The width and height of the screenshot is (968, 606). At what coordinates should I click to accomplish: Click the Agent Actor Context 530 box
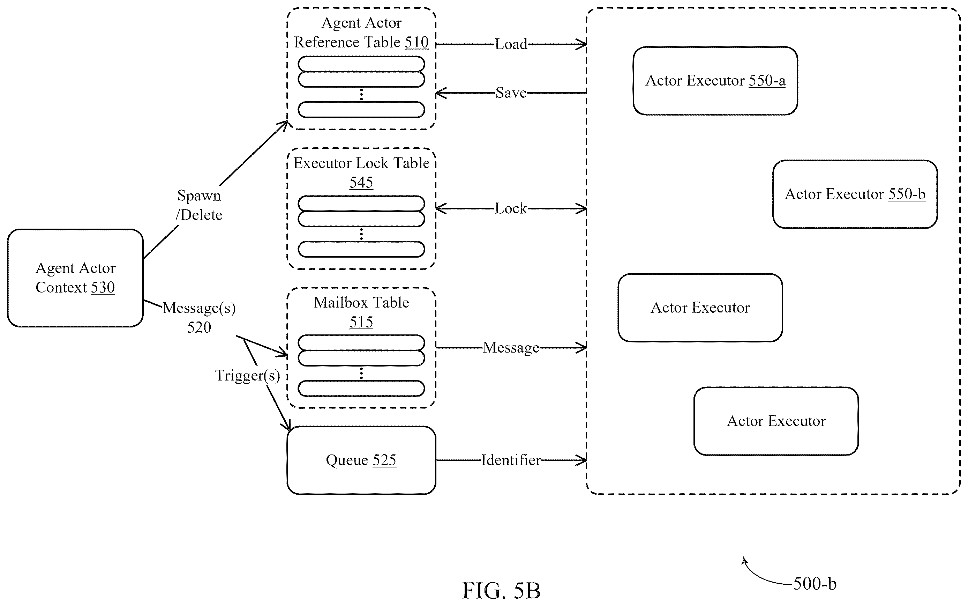(75, 278)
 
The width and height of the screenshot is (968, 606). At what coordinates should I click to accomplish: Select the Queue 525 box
(361, 460)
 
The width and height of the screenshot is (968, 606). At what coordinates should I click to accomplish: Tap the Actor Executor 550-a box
(715, 81)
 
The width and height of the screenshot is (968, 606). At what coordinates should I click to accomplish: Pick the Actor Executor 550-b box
(855, 194)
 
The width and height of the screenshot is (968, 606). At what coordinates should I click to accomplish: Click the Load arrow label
(511, 44)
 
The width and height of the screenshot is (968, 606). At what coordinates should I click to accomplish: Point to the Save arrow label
(511, 93)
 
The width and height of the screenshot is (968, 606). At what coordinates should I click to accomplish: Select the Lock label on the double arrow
(511, 208)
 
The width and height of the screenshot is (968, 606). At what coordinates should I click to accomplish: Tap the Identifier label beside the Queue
(511, 460)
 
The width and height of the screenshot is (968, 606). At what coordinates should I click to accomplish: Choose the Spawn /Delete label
(199, 205)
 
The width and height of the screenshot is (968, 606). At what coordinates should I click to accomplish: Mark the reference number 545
(361, 182)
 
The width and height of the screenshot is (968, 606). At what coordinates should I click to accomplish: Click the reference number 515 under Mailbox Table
(361, 322)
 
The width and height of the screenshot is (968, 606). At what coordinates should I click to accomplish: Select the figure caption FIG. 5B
(501, 590)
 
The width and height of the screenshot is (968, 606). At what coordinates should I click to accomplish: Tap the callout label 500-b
(815, 584)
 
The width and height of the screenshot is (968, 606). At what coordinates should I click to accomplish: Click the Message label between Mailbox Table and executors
(511, 347)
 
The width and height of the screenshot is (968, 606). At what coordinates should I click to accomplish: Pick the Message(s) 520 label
(199, 317)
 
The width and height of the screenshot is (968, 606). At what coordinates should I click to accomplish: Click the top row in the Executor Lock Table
(361, 204)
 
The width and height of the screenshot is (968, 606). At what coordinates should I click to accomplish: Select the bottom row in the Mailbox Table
(361, 389)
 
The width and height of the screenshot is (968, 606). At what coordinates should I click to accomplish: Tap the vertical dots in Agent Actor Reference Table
(361, 95)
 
